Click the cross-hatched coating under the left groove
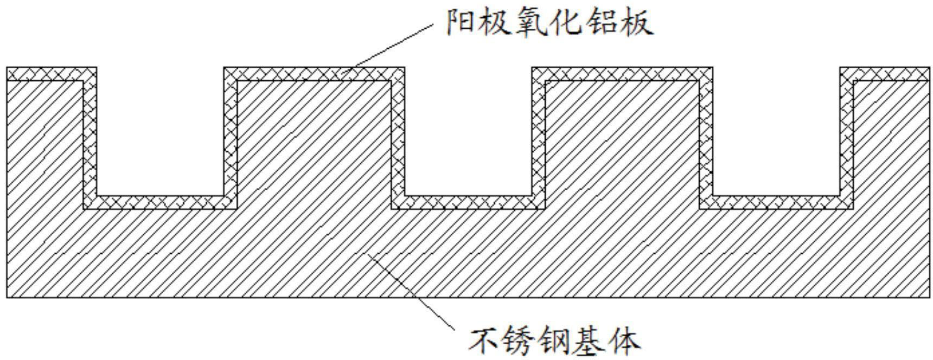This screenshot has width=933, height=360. [160, 202]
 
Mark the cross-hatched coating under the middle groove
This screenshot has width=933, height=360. [468, 202]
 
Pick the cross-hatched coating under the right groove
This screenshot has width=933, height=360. [776, 202]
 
